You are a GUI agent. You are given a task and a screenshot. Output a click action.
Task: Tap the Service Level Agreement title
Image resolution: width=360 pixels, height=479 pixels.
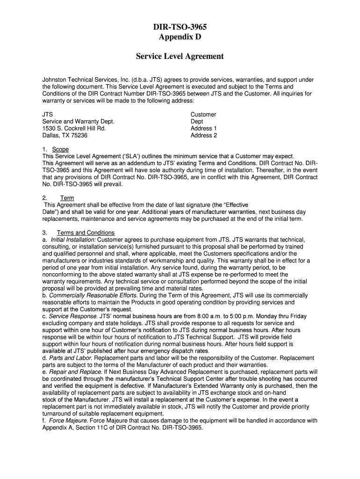[x=180, y=57]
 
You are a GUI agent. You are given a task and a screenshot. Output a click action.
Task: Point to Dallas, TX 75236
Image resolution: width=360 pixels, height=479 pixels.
[x=65, y=136]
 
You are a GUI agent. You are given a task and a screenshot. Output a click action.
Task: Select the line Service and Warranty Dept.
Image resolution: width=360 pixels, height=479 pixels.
[x=78, y=122]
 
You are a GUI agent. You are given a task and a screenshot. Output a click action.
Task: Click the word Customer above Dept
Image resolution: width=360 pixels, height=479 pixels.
[x=203, y=115]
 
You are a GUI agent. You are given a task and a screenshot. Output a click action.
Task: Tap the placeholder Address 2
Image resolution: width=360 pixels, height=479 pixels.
[x=204, y=136]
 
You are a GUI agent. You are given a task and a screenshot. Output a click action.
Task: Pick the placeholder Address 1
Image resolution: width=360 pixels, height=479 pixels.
[x=204, y=129]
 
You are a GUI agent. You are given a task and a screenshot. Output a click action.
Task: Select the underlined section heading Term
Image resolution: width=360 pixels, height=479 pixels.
[x=67, y=198]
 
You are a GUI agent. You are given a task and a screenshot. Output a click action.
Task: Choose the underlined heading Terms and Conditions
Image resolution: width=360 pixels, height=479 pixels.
[x=86, y=233]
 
